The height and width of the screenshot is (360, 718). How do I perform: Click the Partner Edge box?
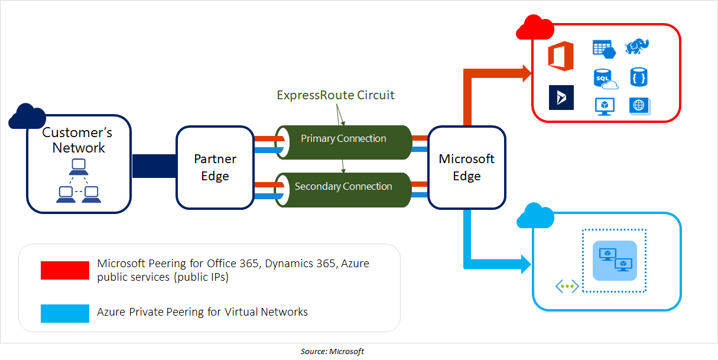click(215, 167)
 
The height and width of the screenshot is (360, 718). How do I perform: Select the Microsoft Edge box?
click(466, 167)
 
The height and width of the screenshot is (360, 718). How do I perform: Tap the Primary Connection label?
click(343, 139)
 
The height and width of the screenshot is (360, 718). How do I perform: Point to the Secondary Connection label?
click(343, 187)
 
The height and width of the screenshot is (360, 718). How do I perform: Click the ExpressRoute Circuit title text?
click(336, 95)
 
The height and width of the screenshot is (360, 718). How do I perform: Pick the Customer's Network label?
click(78, 140)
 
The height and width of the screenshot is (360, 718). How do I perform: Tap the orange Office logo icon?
click(561, 56)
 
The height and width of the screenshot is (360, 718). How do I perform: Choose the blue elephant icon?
click(638, 47)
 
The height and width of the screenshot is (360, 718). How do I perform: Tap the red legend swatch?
click(64, 270)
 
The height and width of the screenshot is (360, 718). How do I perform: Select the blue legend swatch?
click(64, 313)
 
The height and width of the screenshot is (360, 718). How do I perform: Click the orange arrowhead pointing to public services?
click(525, 73)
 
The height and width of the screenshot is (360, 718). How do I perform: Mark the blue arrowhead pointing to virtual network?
click(525, 264)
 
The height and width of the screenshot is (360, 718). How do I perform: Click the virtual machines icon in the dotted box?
click(615, 260)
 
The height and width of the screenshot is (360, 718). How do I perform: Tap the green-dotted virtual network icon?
click(567, 287)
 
